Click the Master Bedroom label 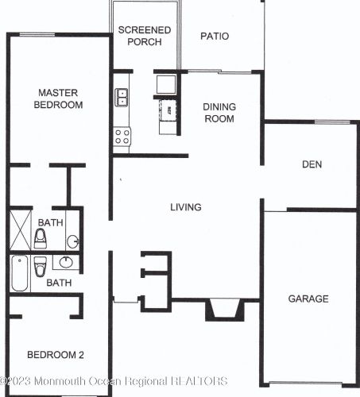(x=58, y=98)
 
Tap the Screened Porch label (x=145, y=36)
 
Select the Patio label (x=215, y=37)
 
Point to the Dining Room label (x=219, y=113)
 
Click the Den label (x=312, y=164)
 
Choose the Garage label (x=308, y=299)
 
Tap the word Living (x=186, y=207)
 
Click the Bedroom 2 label (x=56, y=355)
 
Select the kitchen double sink (x=122, y=98)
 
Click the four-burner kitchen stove (x=122, y=137)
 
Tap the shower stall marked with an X (x=21, y=229)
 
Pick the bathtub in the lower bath (x=20, y=273)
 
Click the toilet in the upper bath (x=41, y=239)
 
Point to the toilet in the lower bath (x=41, y=267)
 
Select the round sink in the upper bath (x=72, y=241)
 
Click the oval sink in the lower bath (x=66, y=262)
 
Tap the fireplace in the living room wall (x=225, y=310)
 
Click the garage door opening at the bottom (x=305, y=383)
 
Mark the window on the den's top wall (x=332, y=122)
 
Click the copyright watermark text (x=114, y=381)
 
